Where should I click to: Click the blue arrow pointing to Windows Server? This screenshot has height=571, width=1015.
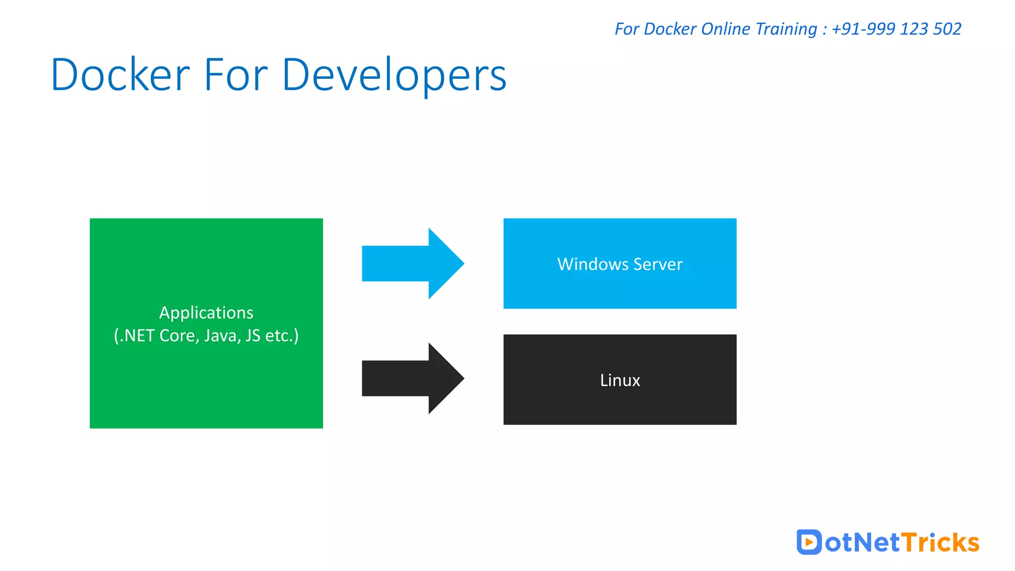pos(412,263)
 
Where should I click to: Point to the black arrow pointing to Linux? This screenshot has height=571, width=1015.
pos(412,378)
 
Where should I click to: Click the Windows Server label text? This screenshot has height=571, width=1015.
pos(620,264)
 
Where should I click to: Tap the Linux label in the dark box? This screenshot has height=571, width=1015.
pos(620,380)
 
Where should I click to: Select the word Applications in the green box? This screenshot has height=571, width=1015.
pos(206,313)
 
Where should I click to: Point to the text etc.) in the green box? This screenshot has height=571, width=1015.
pos(282,336)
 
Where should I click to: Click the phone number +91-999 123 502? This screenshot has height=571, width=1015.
pos(896,29)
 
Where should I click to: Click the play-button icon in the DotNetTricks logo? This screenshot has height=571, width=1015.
pos(809,542)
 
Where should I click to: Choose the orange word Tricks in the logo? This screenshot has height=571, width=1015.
pos(940,542)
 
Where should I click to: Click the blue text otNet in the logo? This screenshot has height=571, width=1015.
pos(862,542)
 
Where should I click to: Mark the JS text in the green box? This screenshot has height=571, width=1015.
pos(253,336)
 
